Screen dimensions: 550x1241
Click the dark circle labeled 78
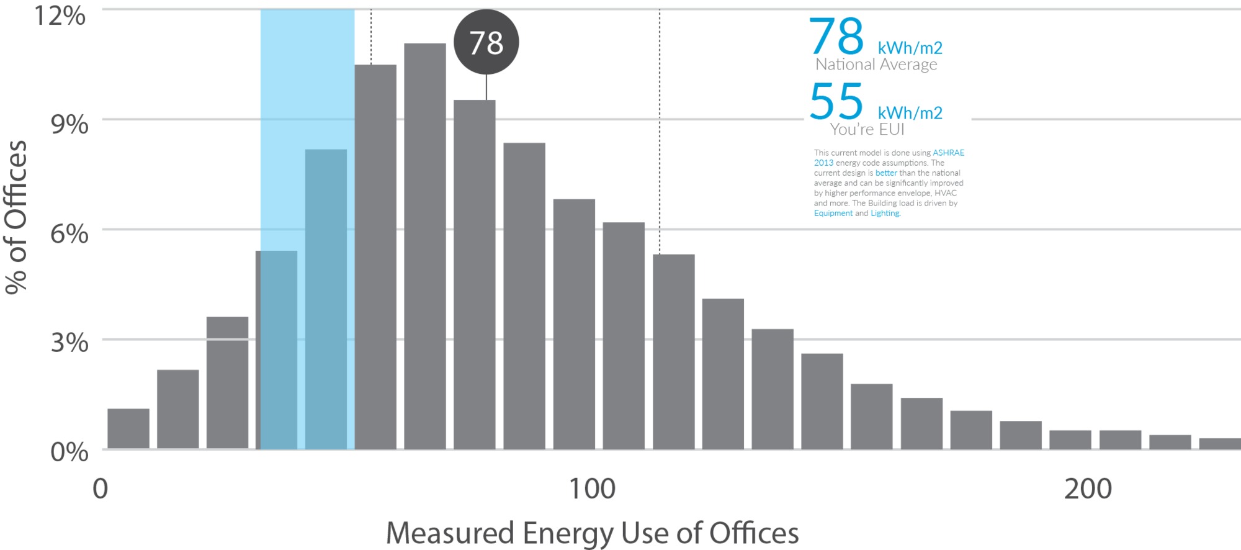click(486, 42)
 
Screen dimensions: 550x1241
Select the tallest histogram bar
click(425, 248)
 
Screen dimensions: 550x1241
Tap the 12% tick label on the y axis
click(60, 15)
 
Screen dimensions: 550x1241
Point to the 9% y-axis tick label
click(69, 124)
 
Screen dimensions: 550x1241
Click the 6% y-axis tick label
click(69, 234)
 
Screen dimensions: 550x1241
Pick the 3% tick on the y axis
click(69, 342)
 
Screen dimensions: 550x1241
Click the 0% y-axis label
click(69, 451)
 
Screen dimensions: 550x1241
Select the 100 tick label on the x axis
click(592, 489)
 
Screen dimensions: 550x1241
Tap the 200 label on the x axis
click(1088, 489)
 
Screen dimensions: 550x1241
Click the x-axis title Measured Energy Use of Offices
click(592, 533)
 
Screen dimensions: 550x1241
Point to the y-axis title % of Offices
click(16, 217)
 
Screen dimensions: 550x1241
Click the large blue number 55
click(836, 101)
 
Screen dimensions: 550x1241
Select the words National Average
click(876, 65)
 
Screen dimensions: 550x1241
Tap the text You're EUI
click(867, 129)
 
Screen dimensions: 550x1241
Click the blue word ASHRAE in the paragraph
click(948, 153)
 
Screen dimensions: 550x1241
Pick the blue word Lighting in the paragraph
click(884, 213)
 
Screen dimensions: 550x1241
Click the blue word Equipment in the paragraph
click(833, 213)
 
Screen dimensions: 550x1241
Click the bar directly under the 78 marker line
click(475, 273)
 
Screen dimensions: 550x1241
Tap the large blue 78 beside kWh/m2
click(836, 37)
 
